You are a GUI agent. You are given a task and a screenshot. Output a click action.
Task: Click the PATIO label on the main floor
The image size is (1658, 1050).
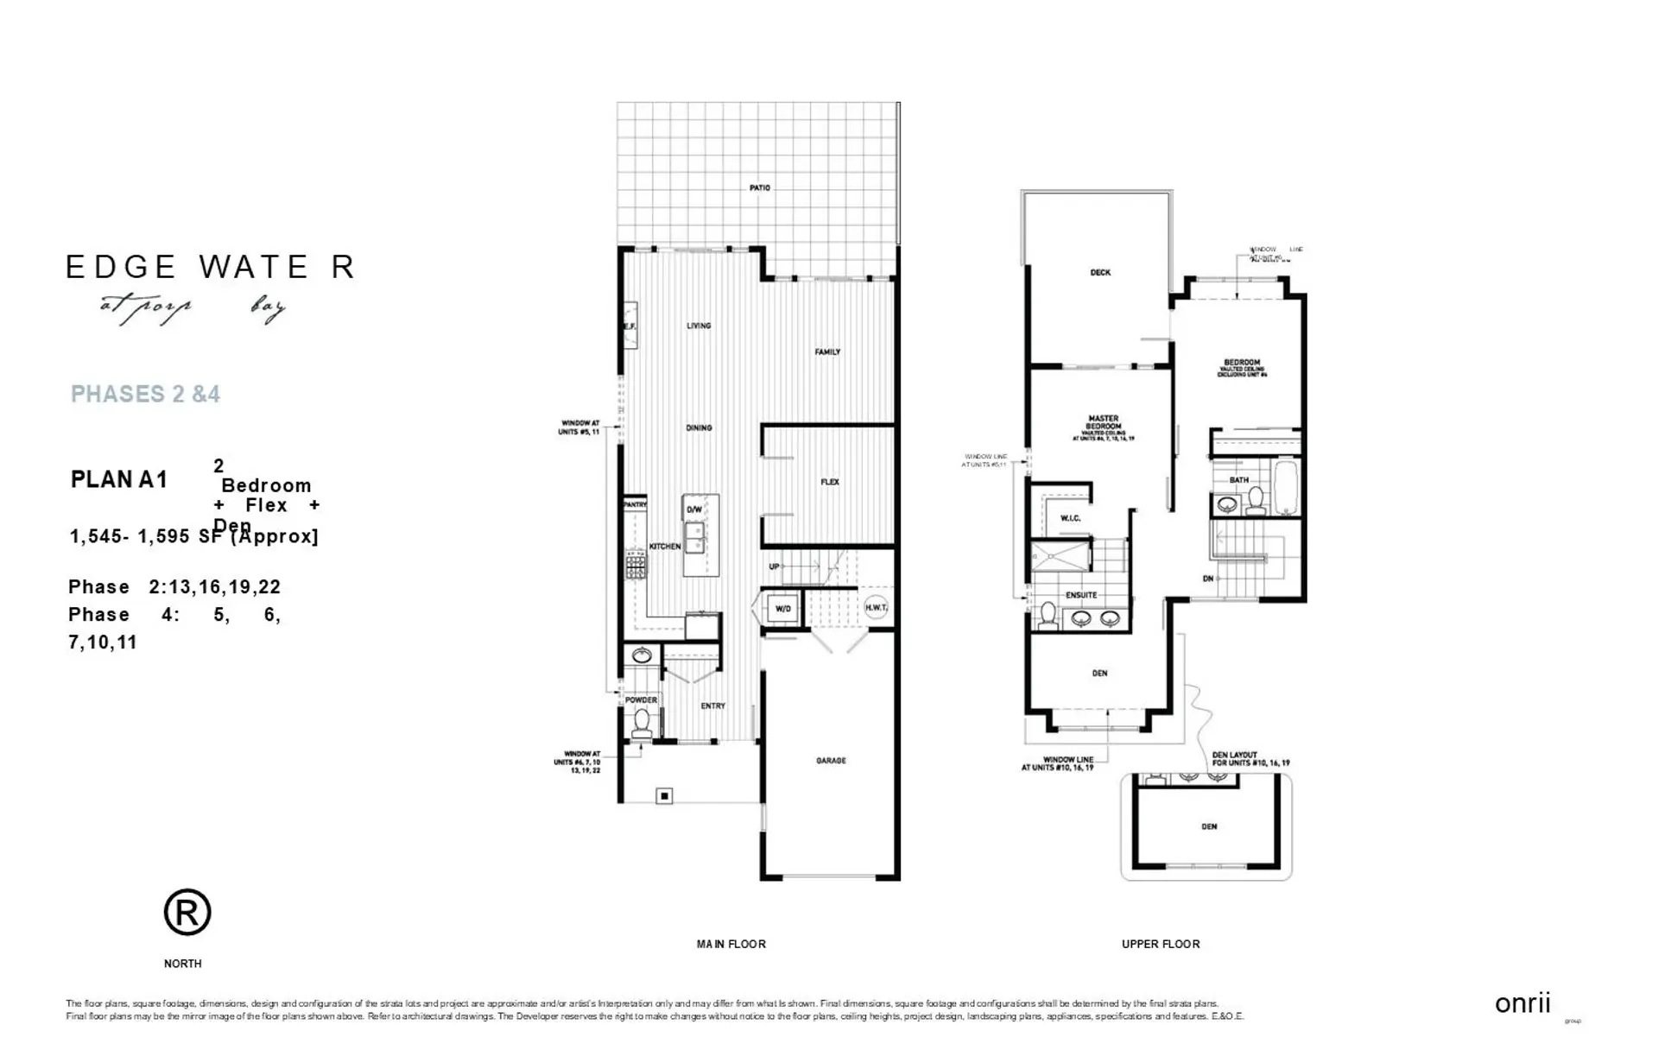[x=759, y=187]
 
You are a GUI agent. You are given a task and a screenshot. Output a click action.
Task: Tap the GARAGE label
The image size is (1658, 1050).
[x=831, y=761]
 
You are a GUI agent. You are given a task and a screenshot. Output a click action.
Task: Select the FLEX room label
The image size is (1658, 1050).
[x=830, y=482]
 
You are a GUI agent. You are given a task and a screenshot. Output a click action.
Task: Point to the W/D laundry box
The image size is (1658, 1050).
[x=782, y=609]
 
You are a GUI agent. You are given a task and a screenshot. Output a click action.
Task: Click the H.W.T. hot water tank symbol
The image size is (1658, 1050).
[x=876, y=608]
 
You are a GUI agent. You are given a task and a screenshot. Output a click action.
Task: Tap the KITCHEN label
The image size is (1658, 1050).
[x=665, y=547]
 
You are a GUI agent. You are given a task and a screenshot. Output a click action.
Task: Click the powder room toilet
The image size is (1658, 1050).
[x=641, y=721]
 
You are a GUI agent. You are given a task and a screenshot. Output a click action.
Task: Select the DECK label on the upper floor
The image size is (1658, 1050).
[x=1100, y=273]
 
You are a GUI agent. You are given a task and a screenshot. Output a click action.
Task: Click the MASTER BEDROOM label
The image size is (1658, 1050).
[x=1103, y=423]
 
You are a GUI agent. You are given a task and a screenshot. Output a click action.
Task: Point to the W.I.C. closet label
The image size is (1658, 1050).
[x=1070, y=518]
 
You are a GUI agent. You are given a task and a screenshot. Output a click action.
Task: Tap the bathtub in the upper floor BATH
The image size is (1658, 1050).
[x=1286, y=487]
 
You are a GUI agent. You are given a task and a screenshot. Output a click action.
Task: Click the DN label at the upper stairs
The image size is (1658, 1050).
[x=1208, y=579]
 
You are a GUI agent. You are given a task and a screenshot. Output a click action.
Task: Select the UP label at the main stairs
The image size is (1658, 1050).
[x=775, y=566]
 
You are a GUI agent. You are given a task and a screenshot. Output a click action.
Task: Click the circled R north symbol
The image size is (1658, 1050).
[x=187, y=912]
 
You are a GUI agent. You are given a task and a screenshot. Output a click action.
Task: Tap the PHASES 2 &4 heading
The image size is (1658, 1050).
[x=145, y=395]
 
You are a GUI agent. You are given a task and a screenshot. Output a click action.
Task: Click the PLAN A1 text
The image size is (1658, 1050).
[x=119, y=479]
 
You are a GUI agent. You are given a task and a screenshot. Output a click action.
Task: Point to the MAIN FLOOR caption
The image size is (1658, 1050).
[x=731, y=944]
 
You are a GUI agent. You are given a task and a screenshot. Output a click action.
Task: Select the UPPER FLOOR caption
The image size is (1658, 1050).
[x=1160, y=944]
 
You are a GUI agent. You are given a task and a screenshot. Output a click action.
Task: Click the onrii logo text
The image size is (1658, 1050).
[x=1522, y=1003]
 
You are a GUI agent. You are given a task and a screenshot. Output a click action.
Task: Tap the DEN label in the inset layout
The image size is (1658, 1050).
[x=1209, y=826]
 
